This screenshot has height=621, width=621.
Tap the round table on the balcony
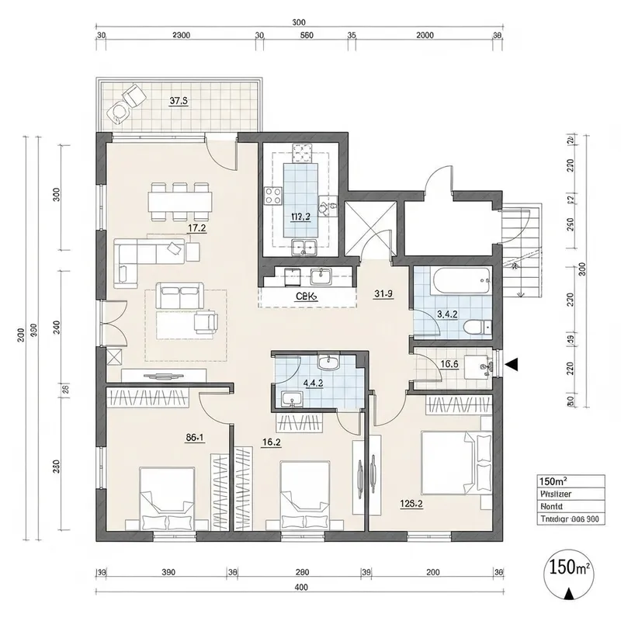(120, 113)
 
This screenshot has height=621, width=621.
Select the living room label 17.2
(196, 228)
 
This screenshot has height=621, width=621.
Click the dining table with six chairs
(181, 201)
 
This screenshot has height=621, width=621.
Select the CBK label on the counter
(304, 297)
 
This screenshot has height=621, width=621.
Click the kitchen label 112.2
(300, 217)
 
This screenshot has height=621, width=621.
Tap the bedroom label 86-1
(195, 438)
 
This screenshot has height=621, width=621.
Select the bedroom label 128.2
(410, 504)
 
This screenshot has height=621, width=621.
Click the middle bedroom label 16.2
(272, 443)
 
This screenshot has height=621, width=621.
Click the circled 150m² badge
(570, 568)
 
